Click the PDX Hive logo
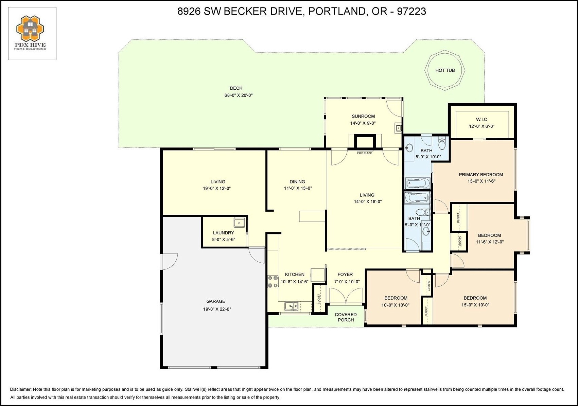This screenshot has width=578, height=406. point(31,33)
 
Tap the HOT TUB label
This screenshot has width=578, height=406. point(445,70)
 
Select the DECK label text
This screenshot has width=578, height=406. point(236,88)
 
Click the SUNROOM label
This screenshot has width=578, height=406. point(363,116)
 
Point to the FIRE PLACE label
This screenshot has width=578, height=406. point(364,153)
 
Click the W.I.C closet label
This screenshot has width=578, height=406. point(481,120)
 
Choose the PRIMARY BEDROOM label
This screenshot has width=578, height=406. point(481,175)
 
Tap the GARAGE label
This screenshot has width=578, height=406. point(216,301)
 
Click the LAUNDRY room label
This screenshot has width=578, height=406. point(224,233)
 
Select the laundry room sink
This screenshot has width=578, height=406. point(239,223)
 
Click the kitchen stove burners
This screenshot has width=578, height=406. point(273,282)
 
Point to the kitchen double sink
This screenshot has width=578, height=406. point(291,306)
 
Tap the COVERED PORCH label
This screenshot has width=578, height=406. point(346,317)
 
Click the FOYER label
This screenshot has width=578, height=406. point(345,275)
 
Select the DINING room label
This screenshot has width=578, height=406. point(297,181)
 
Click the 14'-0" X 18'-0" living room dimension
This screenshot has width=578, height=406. point(367,202)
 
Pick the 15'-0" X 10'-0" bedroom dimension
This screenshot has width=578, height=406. point(475,305)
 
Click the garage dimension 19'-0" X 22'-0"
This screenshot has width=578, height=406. point(217,309)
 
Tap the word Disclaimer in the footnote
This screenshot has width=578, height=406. point(21,389)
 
